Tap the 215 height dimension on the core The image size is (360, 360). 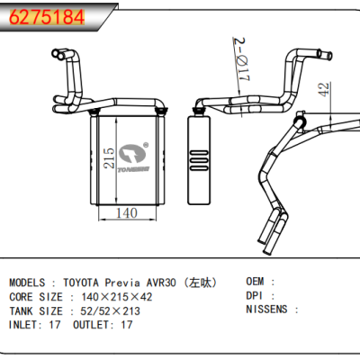109,158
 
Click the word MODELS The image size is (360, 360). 30,282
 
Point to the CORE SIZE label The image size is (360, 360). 36,296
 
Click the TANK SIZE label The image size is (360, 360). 36,310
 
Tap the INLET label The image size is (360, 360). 25,325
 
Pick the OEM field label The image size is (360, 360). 256,282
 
